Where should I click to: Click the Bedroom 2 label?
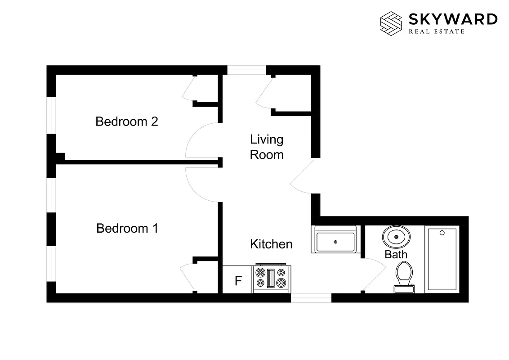point(127,121)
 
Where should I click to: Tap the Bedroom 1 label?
point(127,228)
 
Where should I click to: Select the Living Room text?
point(267,147)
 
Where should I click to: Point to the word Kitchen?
point(271,244)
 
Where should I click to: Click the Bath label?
point(396,254)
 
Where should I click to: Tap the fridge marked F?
point(238,281)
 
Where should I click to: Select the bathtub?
point(442,260)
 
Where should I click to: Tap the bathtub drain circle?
point(442,233)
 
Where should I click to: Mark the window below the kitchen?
point(311,297)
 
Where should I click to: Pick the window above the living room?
point(246,70)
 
